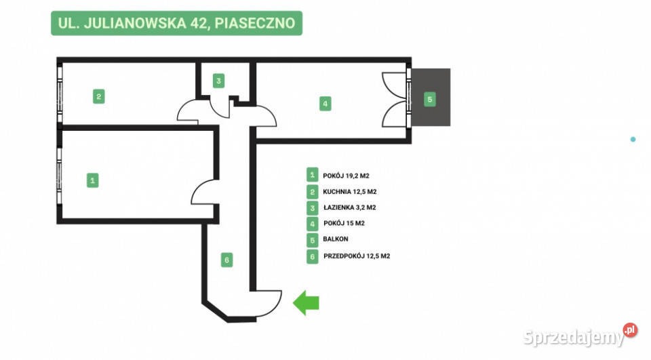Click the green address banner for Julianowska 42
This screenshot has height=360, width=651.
point(176,23)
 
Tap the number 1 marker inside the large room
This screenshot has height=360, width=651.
point(93,180)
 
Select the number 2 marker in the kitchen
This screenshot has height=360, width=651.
point(99,96)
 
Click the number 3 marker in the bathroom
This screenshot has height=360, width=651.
point(218,81)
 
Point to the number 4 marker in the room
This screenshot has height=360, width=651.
point(325,104)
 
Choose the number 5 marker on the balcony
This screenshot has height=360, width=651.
point(429,99)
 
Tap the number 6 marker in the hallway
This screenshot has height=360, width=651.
point(227,259)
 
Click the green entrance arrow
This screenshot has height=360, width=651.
point(306,302)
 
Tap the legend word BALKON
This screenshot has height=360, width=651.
point(336,240)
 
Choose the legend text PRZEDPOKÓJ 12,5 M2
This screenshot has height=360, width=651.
point(356,256)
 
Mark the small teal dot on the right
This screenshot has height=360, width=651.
point(633,139)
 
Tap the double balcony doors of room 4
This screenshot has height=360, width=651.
point(395,99)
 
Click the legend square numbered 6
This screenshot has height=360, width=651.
point(312,256)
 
